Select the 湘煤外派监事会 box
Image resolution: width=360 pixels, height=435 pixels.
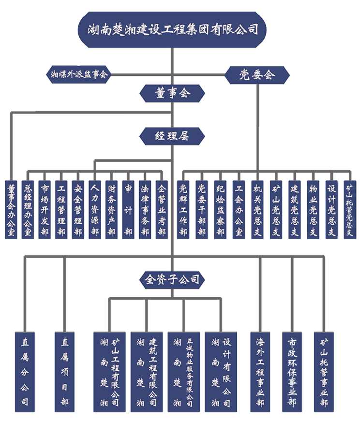coord(79,74)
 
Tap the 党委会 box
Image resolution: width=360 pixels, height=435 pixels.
coord(257,74)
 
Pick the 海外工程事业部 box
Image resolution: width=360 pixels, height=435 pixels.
coord(259,372)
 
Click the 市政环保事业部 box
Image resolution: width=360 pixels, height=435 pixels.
coord(292,372)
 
